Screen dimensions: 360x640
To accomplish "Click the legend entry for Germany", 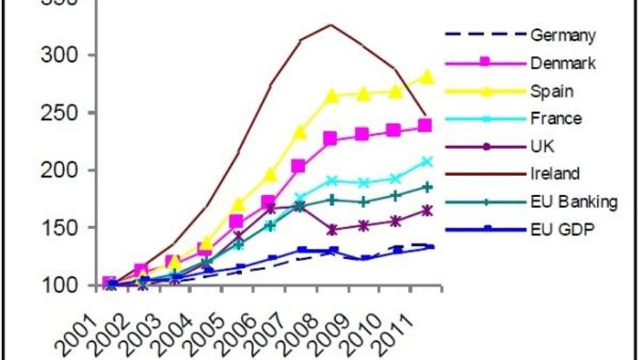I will [x=563, y=35].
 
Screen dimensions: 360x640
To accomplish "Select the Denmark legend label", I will [x=563, y=63].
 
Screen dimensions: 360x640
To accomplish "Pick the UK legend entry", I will [x=542, y=146].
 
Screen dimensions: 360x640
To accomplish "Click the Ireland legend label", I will [x=555, y=174].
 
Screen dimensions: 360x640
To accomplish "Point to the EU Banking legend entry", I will [x=574, y=202].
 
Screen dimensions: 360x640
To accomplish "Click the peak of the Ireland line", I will [x=331, y=25].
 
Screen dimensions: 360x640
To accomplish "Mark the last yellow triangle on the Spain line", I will [x=426, y=76].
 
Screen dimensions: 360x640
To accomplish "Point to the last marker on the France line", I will [x=426, y=161].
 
